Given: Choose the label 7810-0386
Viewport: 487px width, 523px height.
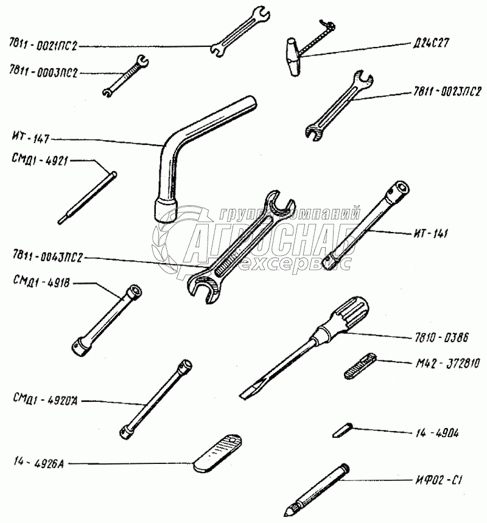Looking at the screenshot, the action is pyautogui.click(x=436, y=337).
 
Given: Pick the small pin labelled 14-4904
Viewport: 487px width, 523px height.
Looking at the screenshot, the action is pyautogui.click(x=340, y=430).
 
